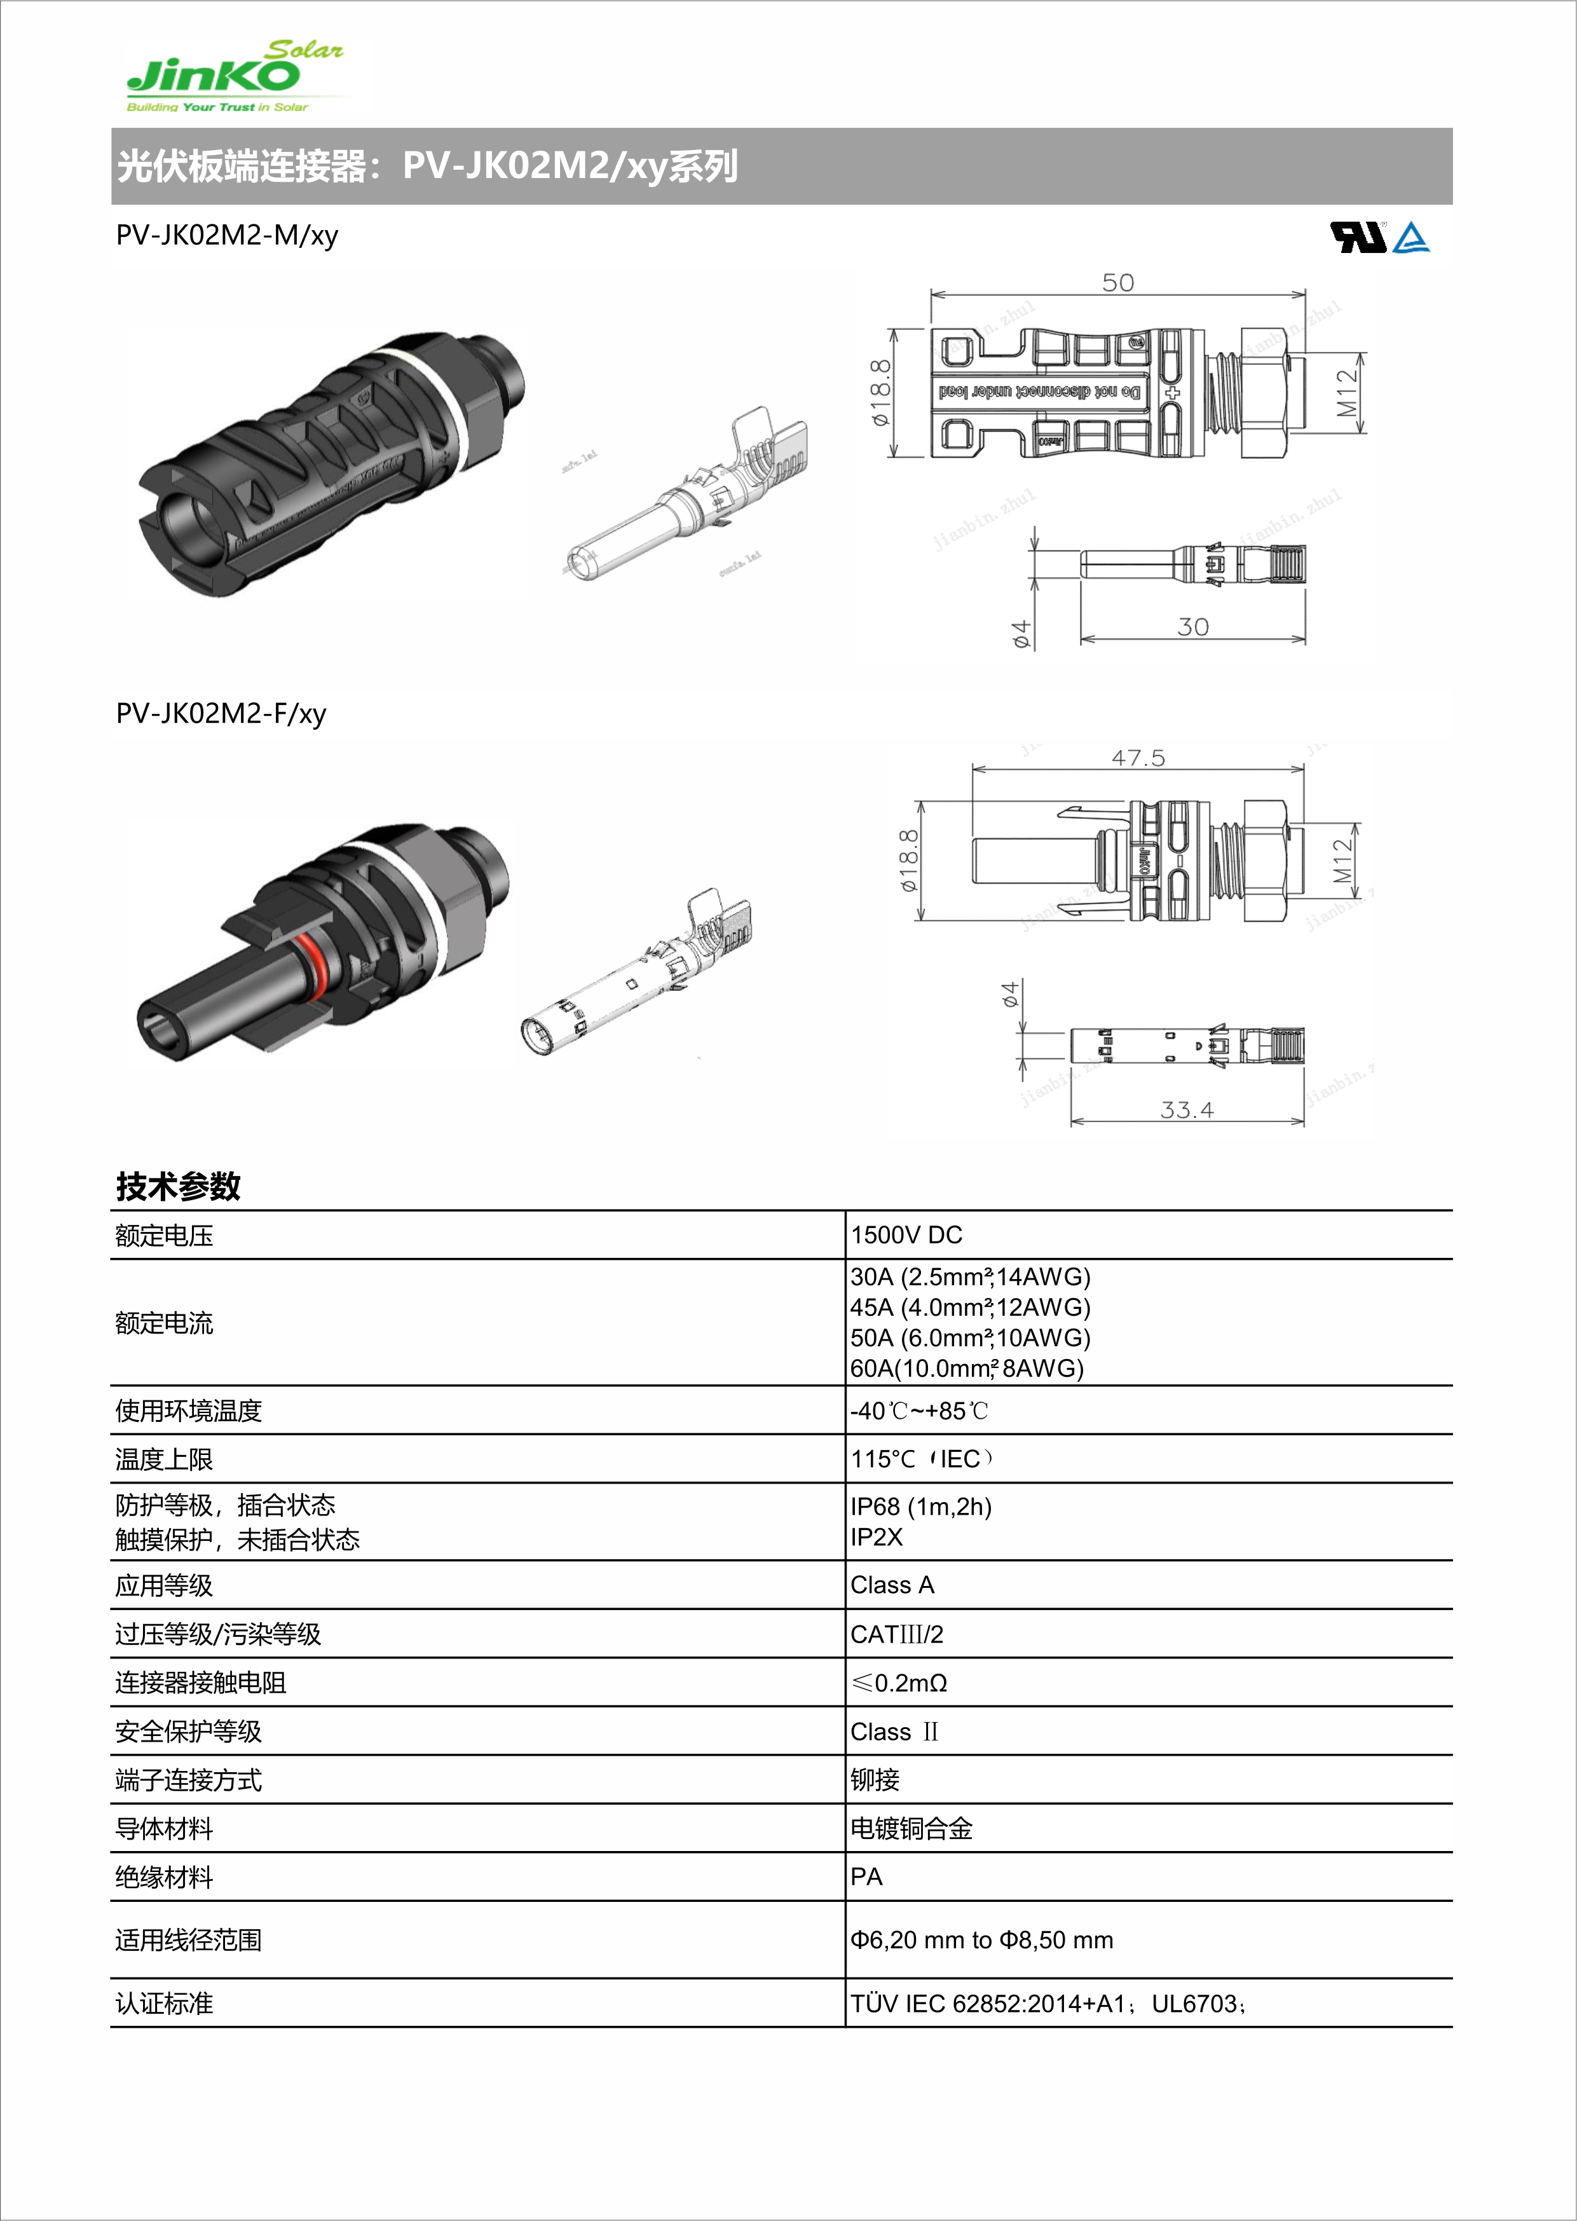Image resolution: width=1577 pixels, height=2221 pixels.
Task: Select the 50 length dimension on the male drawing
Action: click(1117, 283)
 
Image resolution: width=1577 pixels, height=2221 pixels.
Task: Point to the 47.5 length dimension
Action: click(1137, 758)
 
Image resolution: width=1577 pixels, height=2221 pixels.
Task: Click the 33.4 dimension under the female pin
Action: click(1187, 1109)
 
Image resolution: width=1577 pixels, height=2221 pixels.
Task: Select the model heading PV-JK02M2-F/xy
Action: click(221, 714)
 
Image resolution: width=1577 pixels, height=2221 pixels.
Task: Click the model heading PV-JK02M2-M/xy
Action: click(227, 236)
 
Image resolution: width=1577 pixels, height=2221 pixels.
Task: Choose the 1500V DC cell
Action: click(906, 1235)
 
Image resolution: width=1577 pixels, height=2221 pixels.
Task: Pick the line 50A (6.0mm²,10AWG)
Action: click(970, 1338)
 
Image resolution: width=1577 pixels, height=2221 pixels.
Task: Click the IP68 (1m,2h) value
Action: click(920, 1507)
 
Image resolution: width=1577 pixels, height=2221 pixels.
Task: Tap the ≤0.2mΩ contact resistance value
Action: click(899, 1683)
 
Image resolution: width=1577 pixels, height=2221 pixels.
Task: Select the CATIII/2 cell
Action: click(896, 1634)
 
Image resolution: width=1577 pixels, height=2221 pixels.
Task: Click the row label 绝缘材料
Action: click(164, 1877)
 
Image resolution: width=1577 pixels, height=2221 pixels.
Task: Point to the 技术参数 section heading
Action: click(178, 1186)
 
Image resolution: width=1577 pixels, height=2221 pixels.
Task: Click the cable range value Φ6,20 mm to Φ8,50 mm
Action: click(981, 1939)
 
